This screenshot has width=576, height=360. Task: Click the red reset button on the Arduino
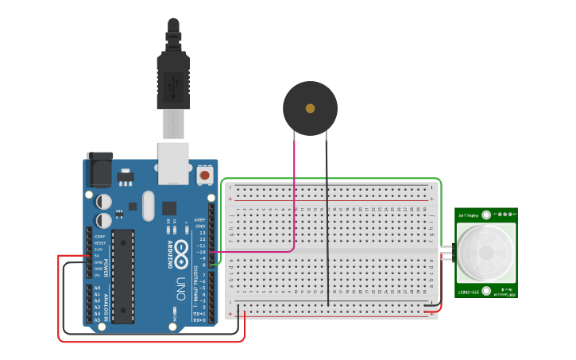coord(205,174)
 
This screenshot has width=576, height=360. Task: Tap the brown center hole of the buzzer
coord(310,108)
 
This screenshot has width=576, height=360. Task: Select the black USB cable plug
coord(173,79)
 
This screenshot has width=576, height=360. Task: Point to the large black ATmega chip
coord(123,275)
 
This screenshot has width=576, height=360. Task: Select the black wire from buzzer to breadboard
coord(327,223)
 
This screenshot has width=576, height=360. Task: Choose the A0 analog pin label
coord(97,288)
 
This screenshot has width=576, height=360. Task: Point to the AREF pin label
coord(200,219)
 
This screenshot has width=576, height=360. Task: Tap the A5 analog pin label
coord(97,319)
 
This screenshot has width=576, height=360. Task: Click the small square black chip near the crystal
coord(169,208)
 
